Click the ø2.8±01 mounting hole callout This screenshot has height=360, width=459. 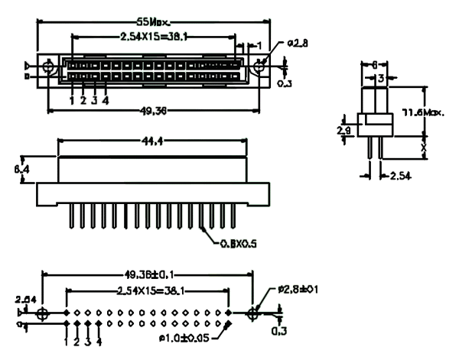coord(298,291)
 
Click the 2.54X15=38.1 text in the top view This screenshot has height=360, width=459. coord(153,35)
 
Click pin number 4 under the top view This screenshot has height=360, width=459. coord(106,100)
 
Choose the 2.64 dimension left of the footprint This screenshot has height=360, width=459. coord(25,299)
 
